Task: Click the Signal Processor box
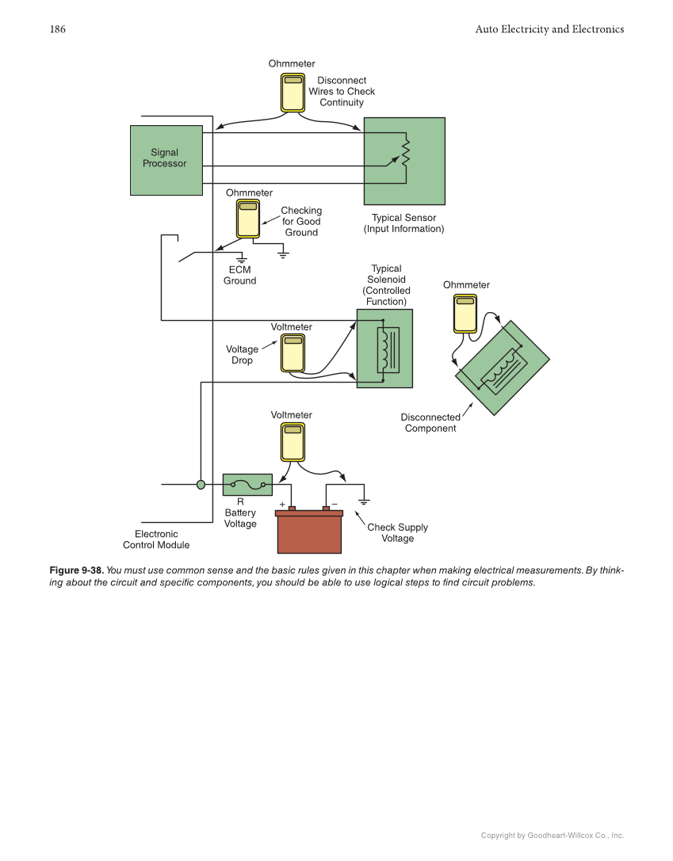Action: tap(166, 160)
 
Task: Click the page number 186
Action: tap(57, 29)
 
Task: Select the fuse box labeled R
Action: tap(247, 484)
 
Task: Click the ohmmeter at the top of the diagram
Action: tap(293, 93)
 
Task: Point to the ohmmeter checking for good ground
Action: tap(248, 219)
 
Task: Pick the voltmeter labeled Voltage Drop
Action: tap(293, 352)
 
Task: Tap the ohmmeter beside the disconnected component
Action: tap(465, 314)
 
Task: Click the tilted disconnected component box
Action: tap(502, 368)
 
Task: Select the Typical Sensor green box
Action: tap(404, 161)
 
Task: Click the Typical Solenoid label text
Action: tap(386, 285)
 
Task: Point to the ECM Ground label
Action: tap(239, 276)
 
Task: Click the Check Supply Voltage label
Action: tap(397, 533)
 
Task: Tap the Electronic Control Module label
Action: tap(156, 539)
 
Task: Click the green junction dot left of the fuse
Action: tap(201, 484)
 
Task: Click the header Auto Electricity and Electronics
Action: tap(549, 29)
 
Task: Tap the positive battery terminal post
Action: tap(292, 509)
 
